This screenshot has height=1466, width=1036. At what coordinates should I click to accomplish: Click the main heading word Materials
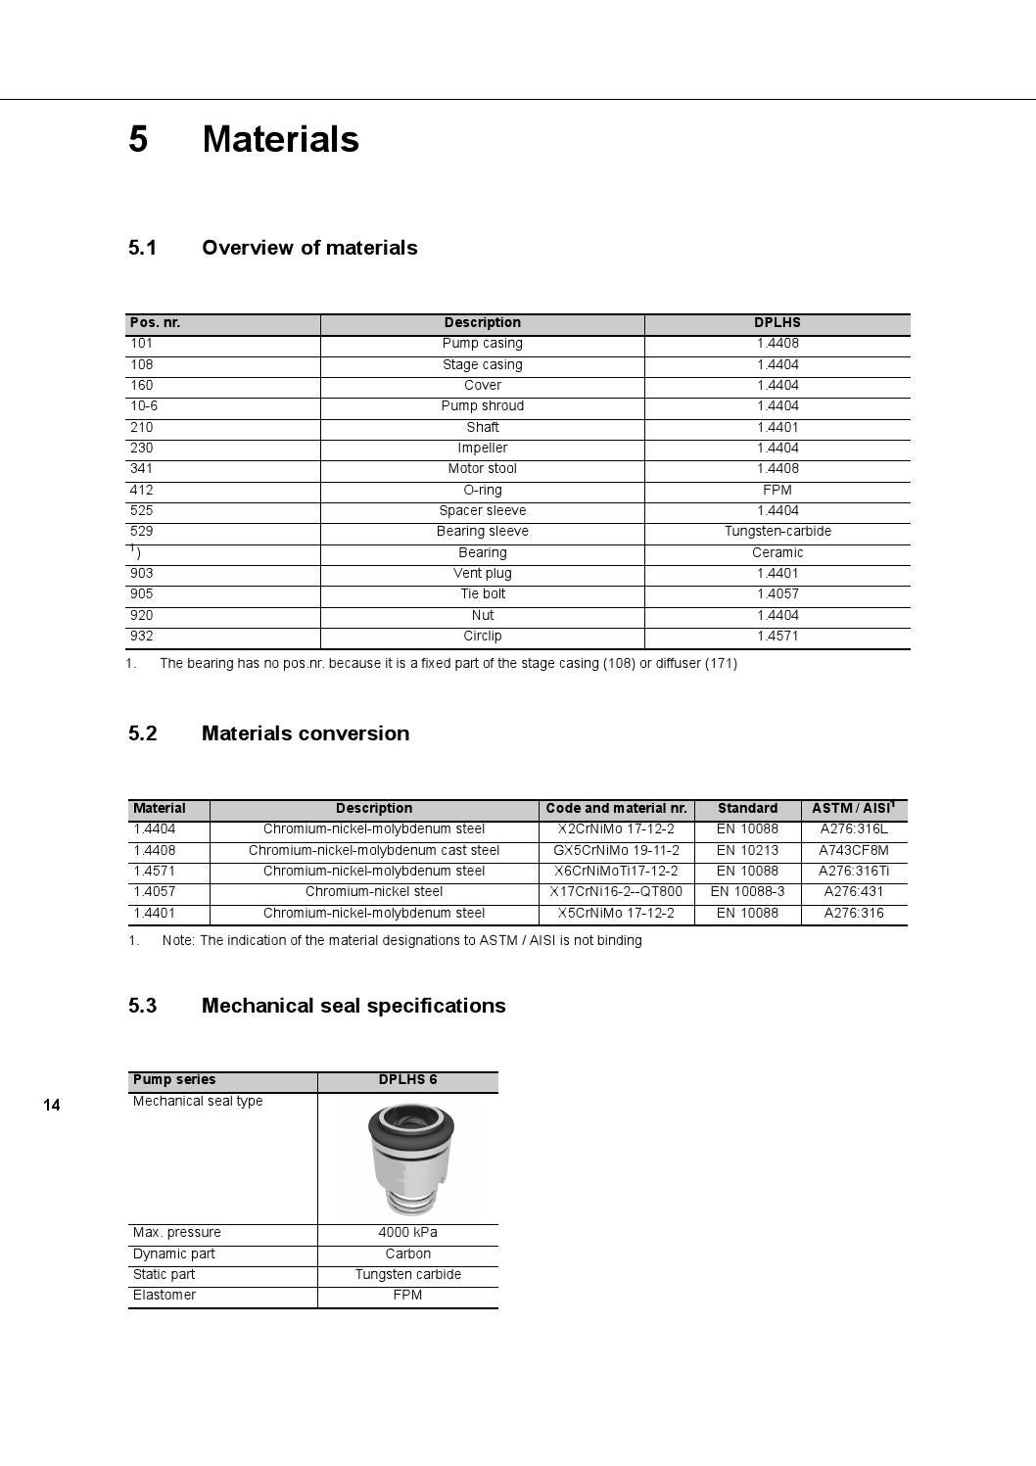click(x=280, y=139)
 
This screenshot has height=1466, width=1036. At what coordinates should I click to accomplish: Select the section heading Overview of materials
click(x=309, y=248)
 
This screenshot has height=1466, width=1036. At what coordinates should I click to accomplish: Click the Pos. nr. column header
click(x=155, y=322)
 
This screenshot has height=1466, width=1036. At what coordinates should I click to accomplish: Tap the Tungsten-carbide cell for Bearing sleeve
click(x=777, y=531)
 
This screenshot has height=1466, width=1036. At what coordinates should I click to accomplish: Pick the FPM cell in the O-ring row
click(x=777, y=490)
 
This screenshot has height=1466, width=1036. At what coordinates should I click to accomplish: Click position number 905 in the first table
click(x=141, y=593)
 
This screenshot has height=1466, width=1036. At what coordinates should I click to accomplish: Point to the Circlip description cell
click(x=482, y=636)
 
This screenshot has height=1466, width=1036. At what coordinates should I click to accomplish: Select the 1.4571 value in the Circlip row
click(x=777, y=636)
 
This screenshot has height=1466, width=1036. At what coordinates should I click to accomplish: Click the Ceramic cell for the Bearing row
click(x=777, y=552)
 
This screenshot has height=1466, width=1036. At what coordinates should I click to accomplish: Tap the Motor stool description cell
click(x=482, y=468)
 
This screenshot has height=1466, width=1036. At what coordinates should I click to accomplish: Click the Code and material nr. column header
click(x=616, y=808)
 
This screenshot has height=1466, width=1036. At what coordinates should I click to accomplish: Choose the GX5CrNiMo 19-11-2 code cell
click(x=616, y=850)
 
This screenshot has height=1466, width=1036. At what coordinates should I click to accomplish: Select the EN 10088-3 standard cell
click(x=747, y=891)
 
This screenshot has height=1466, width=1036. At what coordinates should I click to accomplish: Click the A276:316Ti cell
click(x=854, y=871)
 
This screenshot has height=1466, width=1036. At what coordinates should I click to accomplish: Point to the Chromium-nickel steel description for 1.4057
click(x=374, y=891)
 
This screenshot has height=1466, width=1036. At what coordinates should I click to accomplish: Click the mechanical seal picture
click(x=407, y=1159)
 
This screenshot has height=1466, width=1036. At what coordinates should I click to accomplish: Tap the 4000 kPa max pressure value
click(x=407, y=1232)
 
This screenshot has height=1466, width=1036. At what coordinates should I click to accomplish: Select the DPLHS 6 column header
click(x=407, y=1079)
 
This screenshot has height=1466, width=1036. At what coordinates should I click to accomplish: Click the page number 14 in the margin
click(x=52, y=1105)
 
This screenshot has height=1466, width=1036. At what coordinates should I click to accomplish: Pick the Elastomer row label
click(x=165, y=1295)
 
